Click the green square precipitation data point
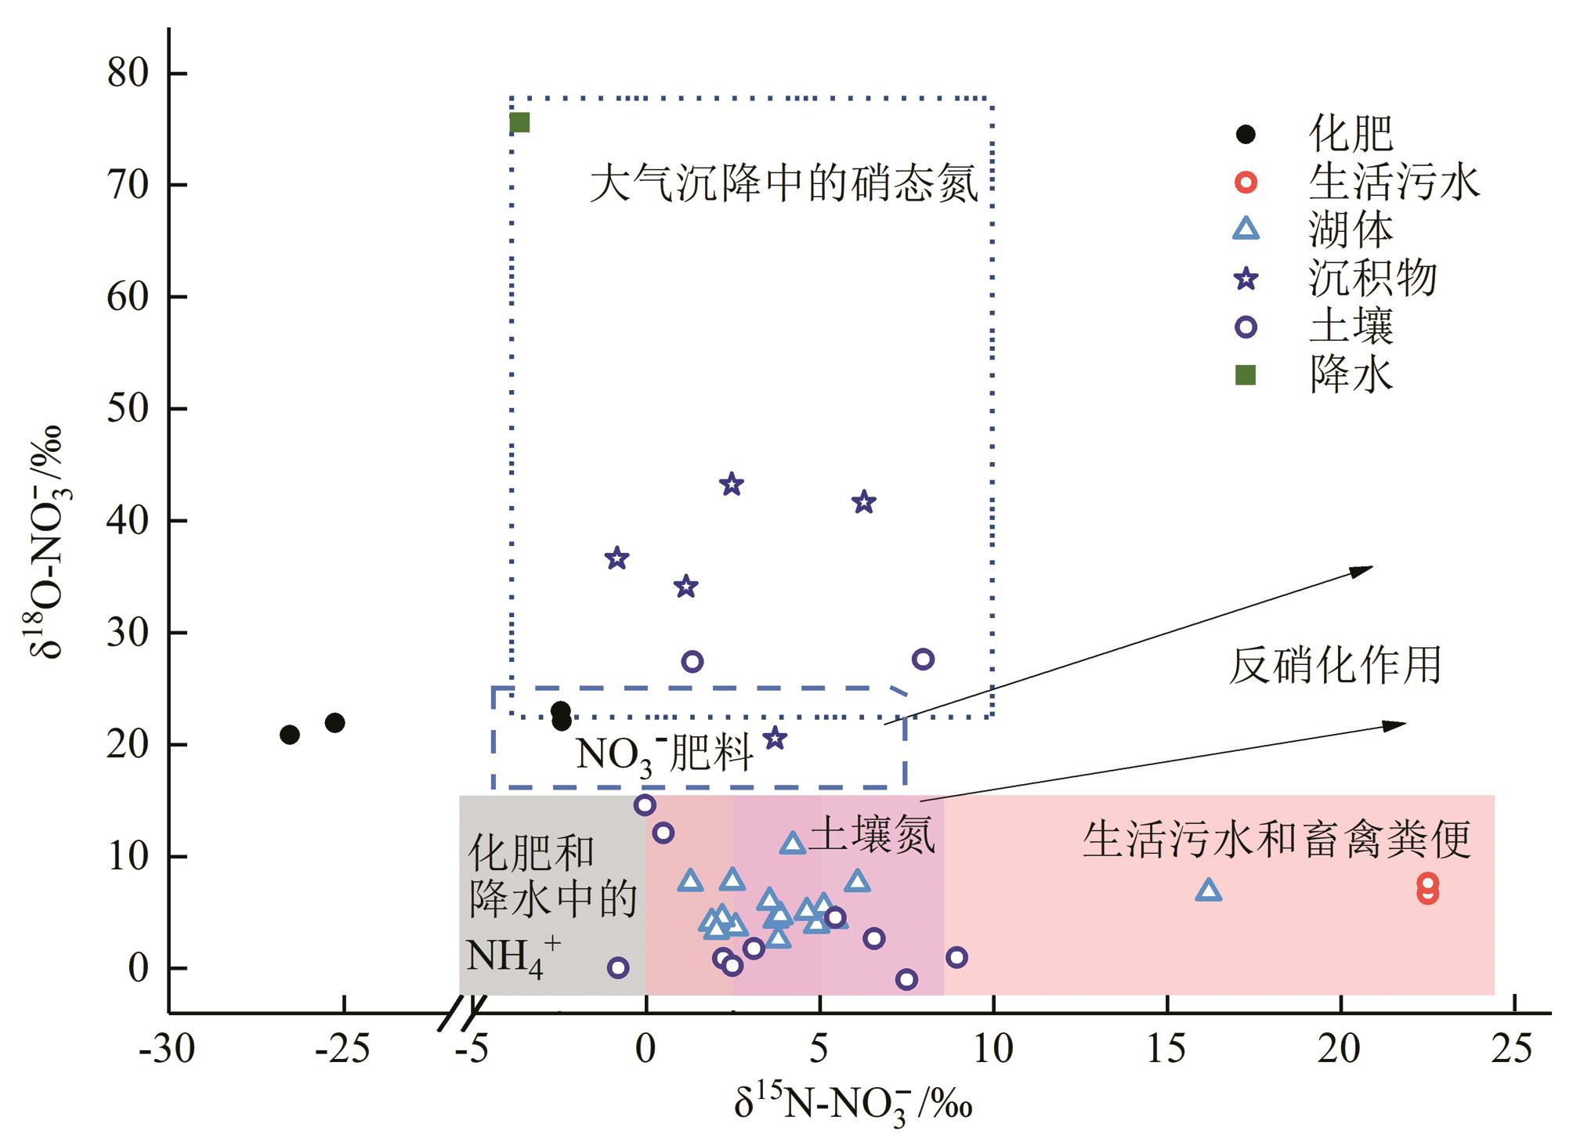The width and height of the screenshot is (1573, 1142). point(519,123)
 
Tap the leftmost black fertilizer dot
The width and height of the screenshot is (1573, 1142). point(290,735)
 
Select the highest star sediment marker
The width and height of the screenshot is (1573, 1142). point(731,484)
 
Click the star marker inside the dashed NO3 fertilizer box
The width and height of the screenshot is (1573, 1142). point(775,738)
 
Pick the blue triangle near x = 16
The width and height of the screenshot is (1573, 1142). point(1209,890)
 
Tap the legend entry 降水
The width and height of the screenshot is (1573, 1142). point(1351,375)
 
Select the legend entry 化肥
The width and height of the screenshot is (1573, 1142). point(1351,134)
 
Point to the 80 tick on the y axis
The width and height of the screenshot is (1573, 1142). point(128,73)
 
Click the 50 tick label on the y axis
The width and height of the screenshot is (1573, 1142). point(128,408)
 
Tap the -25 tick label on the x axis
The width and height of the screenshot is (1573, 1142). point(342,1049)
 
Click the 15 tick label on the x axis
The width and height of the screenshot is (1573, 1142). point(1166,1049)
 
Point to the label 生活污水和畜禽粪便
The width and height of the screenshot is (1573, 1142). point(1277,839)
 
